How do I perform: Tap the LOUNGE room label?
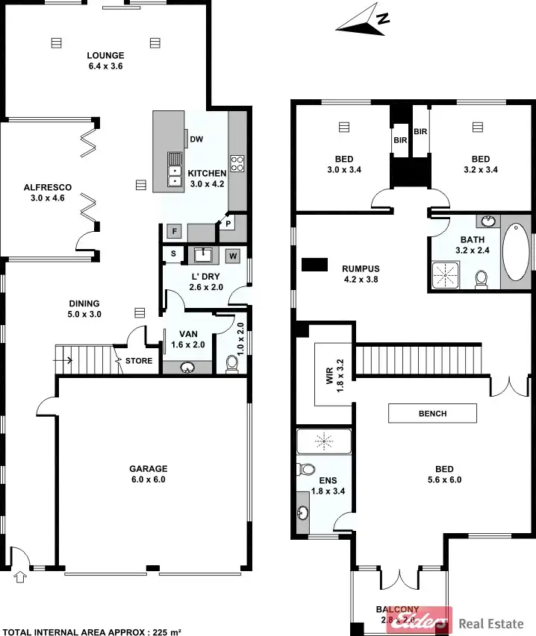105,55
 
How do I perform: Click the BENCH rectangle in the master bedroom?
432,413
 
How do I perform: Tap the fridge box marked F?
174,231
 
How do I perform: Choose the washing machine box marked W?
233,256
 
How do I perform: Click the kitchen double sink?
174,169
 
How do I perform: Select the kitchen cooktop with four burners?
237,163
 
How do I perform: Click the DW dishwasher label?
196,139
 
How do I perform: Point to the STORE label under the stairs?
140,362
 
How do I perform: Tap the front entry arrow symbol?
19,576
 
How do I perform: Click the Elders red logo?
419,621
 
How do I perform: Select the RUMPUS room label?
361,269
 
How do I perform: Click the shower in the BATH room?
448,274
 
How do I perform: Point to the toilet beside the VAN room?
232,363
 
